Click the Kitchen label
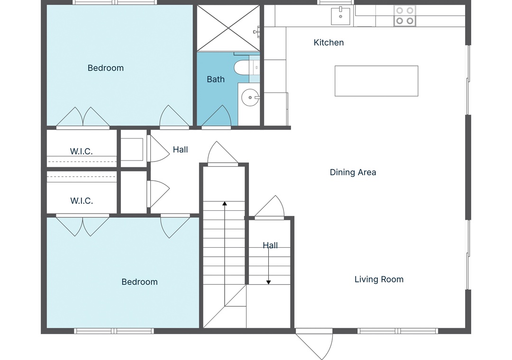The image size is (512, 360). [329, 43]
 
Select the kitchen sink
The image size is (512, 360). [340, 16]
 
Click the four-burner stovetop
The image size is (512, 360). [404, 16]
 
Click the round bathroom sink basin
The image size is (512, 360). [250, 98]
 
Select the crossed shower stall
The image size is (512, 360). [228, 28]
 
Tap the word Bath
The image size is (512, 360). [216, 79]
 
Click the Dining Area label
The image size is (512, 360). [353, 172]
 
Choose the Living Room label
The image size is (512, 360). [379, 279]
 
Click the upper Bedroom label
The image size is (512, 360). [106, 68]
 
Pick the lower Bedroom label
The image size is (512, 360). [140, 282]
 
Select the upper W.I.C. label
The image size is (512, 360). [82, 152]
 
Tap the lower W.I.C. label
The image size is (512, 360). [82, 201]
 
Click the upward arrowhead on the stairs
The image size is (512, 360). [225, 204]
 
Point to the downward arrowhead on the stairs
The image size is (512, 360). [268, 282]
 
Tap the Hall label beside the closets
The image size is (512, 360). [180, 150]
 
